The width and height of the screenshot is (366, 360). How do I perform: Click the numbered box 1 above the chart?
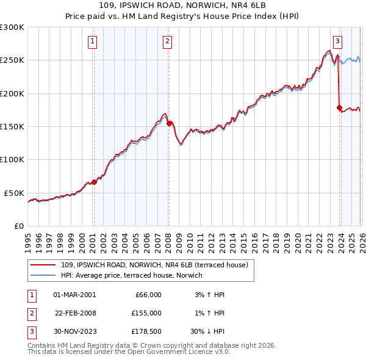click(92, 41)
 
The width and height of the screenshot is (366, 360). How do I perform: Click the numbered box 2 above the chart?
click(167, 41)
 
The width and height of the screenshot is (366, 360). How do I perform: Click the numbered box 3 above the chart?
click(337, 41)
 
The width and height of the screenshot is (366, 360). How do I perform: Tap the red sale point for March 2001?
click(94, 182)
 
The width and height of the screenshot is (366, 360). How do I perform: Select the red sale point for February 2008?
click(169, 123)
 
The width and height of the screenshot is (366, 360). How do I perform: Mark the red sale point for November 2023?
click(339, 108)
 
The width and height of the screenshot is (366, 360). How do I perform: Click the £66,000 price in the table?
click(147, 295)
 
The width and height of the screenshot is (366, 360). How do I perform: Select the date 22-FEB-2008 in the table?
click(75, 313)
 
